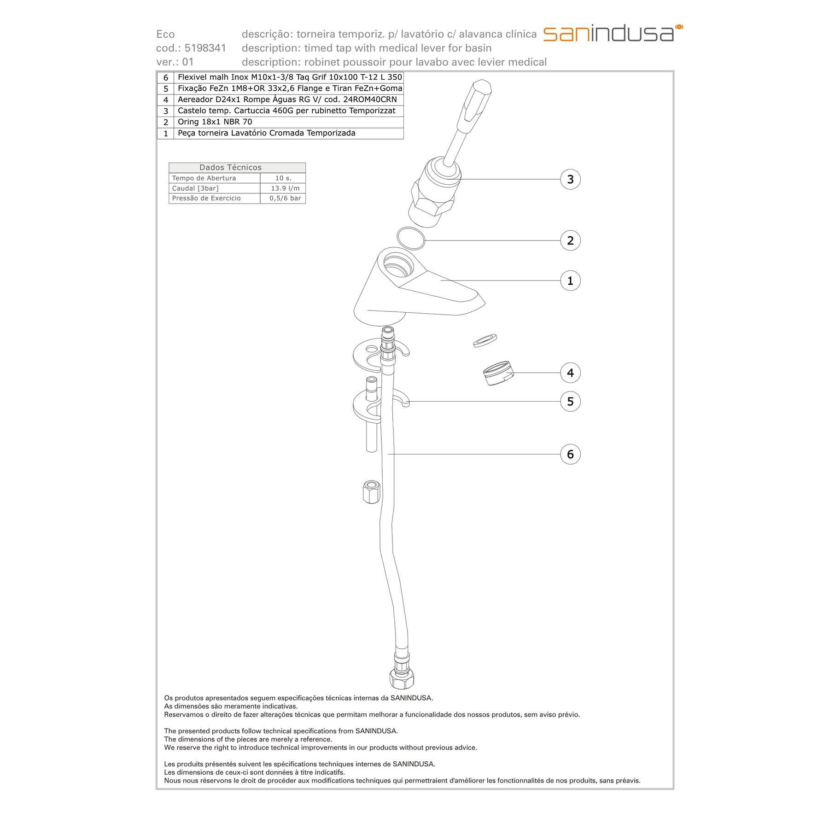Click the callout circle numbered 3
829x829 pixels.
pyautogui.click(x=570, y=179)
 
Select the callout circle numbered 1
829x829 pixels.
pyautogui.click(x=570, y=280)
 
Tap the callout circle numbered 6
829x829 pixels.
pyautogui.click(x=570, y=454)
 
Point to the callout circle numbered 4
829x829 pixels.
pyautogui.click(x=570, y=373)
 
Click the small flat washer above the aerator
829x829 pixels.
pyautogui.click(x=485, y=340)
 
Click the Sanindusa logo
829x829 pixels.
pyautogui.click(x=613, y=33)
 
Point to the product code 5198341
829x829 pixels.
pyautogui.click(x=205, y=48)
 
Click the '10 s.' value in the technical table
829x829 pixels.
pyautogui.click(x=283, y=178)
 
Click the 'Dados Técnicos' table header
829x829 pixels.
pyautogui.click(x=230, y=168)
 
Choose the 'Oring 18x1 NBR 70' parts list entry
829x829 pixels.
pyautogui.click(x=215, y=122)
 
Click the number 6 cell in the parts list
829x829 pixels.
pyautogui.click(x=166, y=77)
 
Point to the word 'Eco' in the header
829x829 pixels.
pyautogui.click(x=166, y=34)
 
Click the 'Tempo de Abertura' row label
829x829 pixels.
pyautogui.click(x=204, y=178)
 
